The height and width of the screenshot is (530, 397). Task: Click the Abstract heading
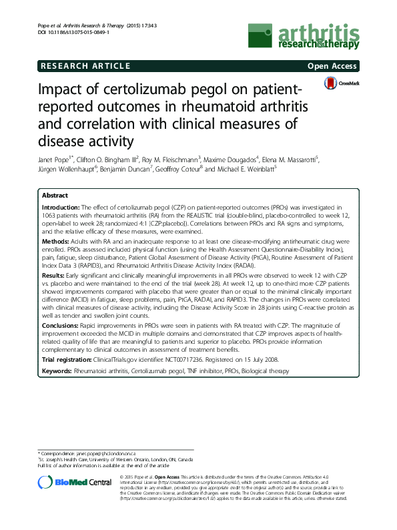[55, 196]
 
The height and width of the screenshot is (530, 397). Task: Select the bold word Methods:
[55, 240]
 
